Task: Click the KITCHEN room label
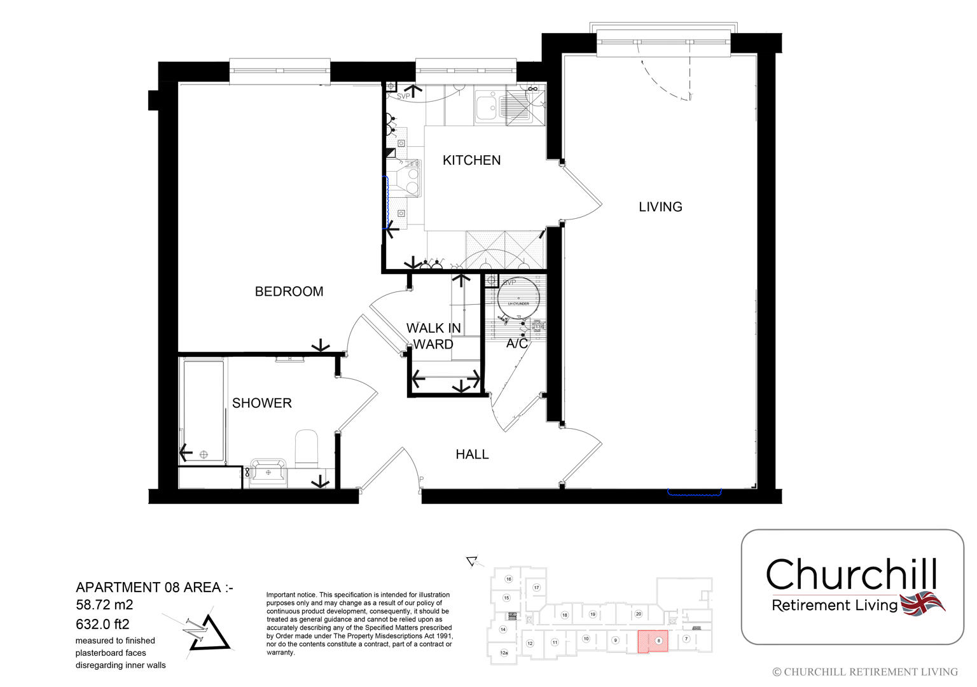[x=471, y=160]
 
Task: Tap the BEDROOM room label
[x=289, y=291]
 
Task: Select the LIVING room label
[x=660, y=207]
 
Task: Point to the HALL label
[x=472, y=454]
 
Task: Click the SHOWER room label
[x=261, y=403]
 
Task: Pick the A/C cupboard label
[x=516, y=343]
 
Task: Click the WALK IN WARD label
[x=434, y=336]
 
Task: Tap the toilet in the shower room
[x=307, y=448]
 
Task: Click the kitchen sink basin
[x=487, y=106]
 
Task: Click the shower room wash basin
[x=268, y=471]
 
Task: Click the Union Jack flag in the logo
[x=922, y=602]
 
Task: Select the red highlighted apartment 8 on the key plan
[x=653, y=641]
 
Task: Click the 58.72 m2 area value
[x=105, y=605]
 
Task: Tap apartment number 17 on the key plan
[x=536, y=587]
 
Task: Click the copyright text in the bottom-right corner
[x=864, y=672]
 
